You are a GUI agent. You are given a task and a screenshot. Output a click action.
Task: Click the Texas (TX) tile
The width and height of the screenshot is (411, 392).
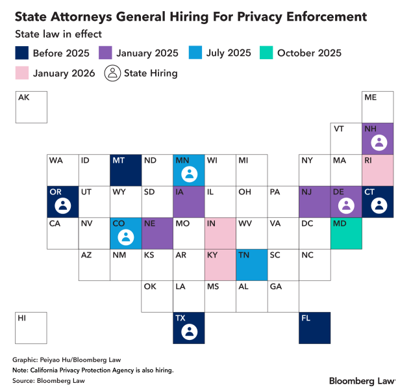pos(189,328)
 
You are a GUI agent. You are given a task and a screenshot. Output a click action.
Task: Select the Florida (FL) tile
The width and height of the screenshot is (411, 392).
pos(315,328)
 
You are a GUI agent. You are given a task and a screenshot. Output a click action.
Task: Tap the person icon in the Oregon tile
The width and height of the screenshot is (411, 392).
pos(63,205)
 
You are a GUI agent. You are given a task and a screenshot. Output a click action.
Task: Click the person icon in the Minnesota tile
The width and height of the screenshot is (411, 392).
pos(189,174)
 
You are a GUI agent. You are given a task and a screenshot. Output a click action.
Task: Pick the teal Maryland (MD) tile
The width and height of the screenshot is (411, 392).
pos(347,233)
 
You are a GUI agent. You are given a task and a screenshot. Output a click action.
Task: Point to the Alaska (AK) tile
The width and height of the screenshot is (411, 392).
pos(31,107)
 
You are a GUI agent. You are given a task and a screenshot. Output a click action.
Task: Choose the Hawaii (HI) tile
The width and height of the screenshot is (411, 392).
pos(31,328)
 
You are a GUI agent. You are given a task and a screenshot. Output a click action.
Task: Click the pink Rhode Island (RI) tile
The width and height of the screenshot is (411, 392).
pos(378,170)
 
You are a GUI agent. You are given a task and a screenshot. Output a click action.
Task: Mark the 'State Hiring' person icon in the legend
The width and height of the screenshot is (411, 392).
pos(112,73)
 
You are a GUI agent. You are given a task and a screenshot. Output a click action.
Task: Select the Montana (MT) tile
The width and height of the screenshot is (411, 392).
pos(126,170)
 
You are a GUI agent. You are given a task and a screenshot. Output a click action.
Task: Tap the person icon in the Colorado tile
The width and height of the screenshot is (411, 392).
pos(126,237)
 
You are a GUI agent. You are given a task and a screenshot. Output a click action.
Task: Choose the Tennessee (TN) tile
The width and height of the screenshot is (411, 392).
pos(252,265)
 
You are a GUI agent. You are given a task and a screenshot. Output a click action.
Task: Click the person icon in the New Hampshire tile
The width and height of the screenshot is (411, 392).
pos(378,142)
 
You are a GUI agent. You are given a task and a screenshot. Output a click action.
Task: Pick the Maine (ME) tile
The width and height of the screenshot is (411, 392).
pos(378,107)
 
